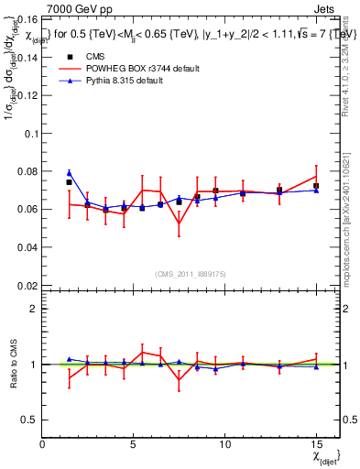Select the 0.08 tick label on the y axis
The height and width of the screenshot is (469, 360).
27,171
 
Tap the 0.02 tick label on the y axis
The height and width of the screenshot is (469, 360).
27,286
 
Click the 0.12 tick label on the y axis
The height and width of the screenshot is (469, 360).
27,94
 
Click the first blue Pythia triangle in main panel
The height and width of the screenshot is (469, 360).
69,173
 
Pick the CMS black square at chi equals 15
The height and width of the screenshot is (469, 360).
316,186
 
